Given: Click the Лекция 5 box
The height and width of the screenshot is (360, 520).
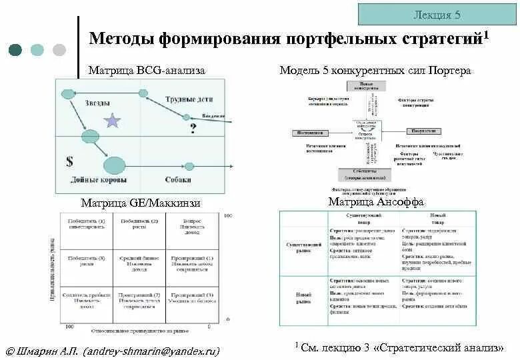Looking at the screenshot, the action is point(436,14).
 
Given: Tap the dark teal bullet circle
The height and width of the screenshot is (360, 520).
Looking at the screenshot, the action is point(15,49).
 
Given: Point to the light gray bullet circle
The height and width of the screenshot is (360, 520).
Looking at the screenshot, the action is point(59,49).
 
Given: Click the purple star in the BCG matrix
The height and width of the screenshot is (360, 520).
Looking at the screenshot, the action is point(113,120).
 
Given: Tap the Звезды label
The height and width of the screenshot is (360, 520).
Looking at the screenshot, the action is point(98,102).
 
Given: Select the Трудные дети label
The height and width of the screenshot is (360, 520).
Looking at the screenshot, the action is point(189,99).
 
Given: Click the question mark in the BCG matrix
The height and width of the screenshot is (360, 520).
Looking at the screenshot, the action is point(193,128).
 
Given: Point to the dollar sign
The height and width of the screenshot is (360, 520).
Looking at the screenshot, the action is point(69,161).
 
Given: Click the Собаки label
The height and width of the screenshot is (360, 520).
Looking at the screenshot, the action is point(178,180).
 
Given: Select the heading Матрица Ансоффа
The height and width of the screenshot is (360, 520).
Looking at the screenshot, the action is point(376,201).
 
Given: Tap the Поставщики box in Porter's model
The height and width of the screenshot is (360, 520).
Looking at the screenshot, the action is point(311,133).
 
